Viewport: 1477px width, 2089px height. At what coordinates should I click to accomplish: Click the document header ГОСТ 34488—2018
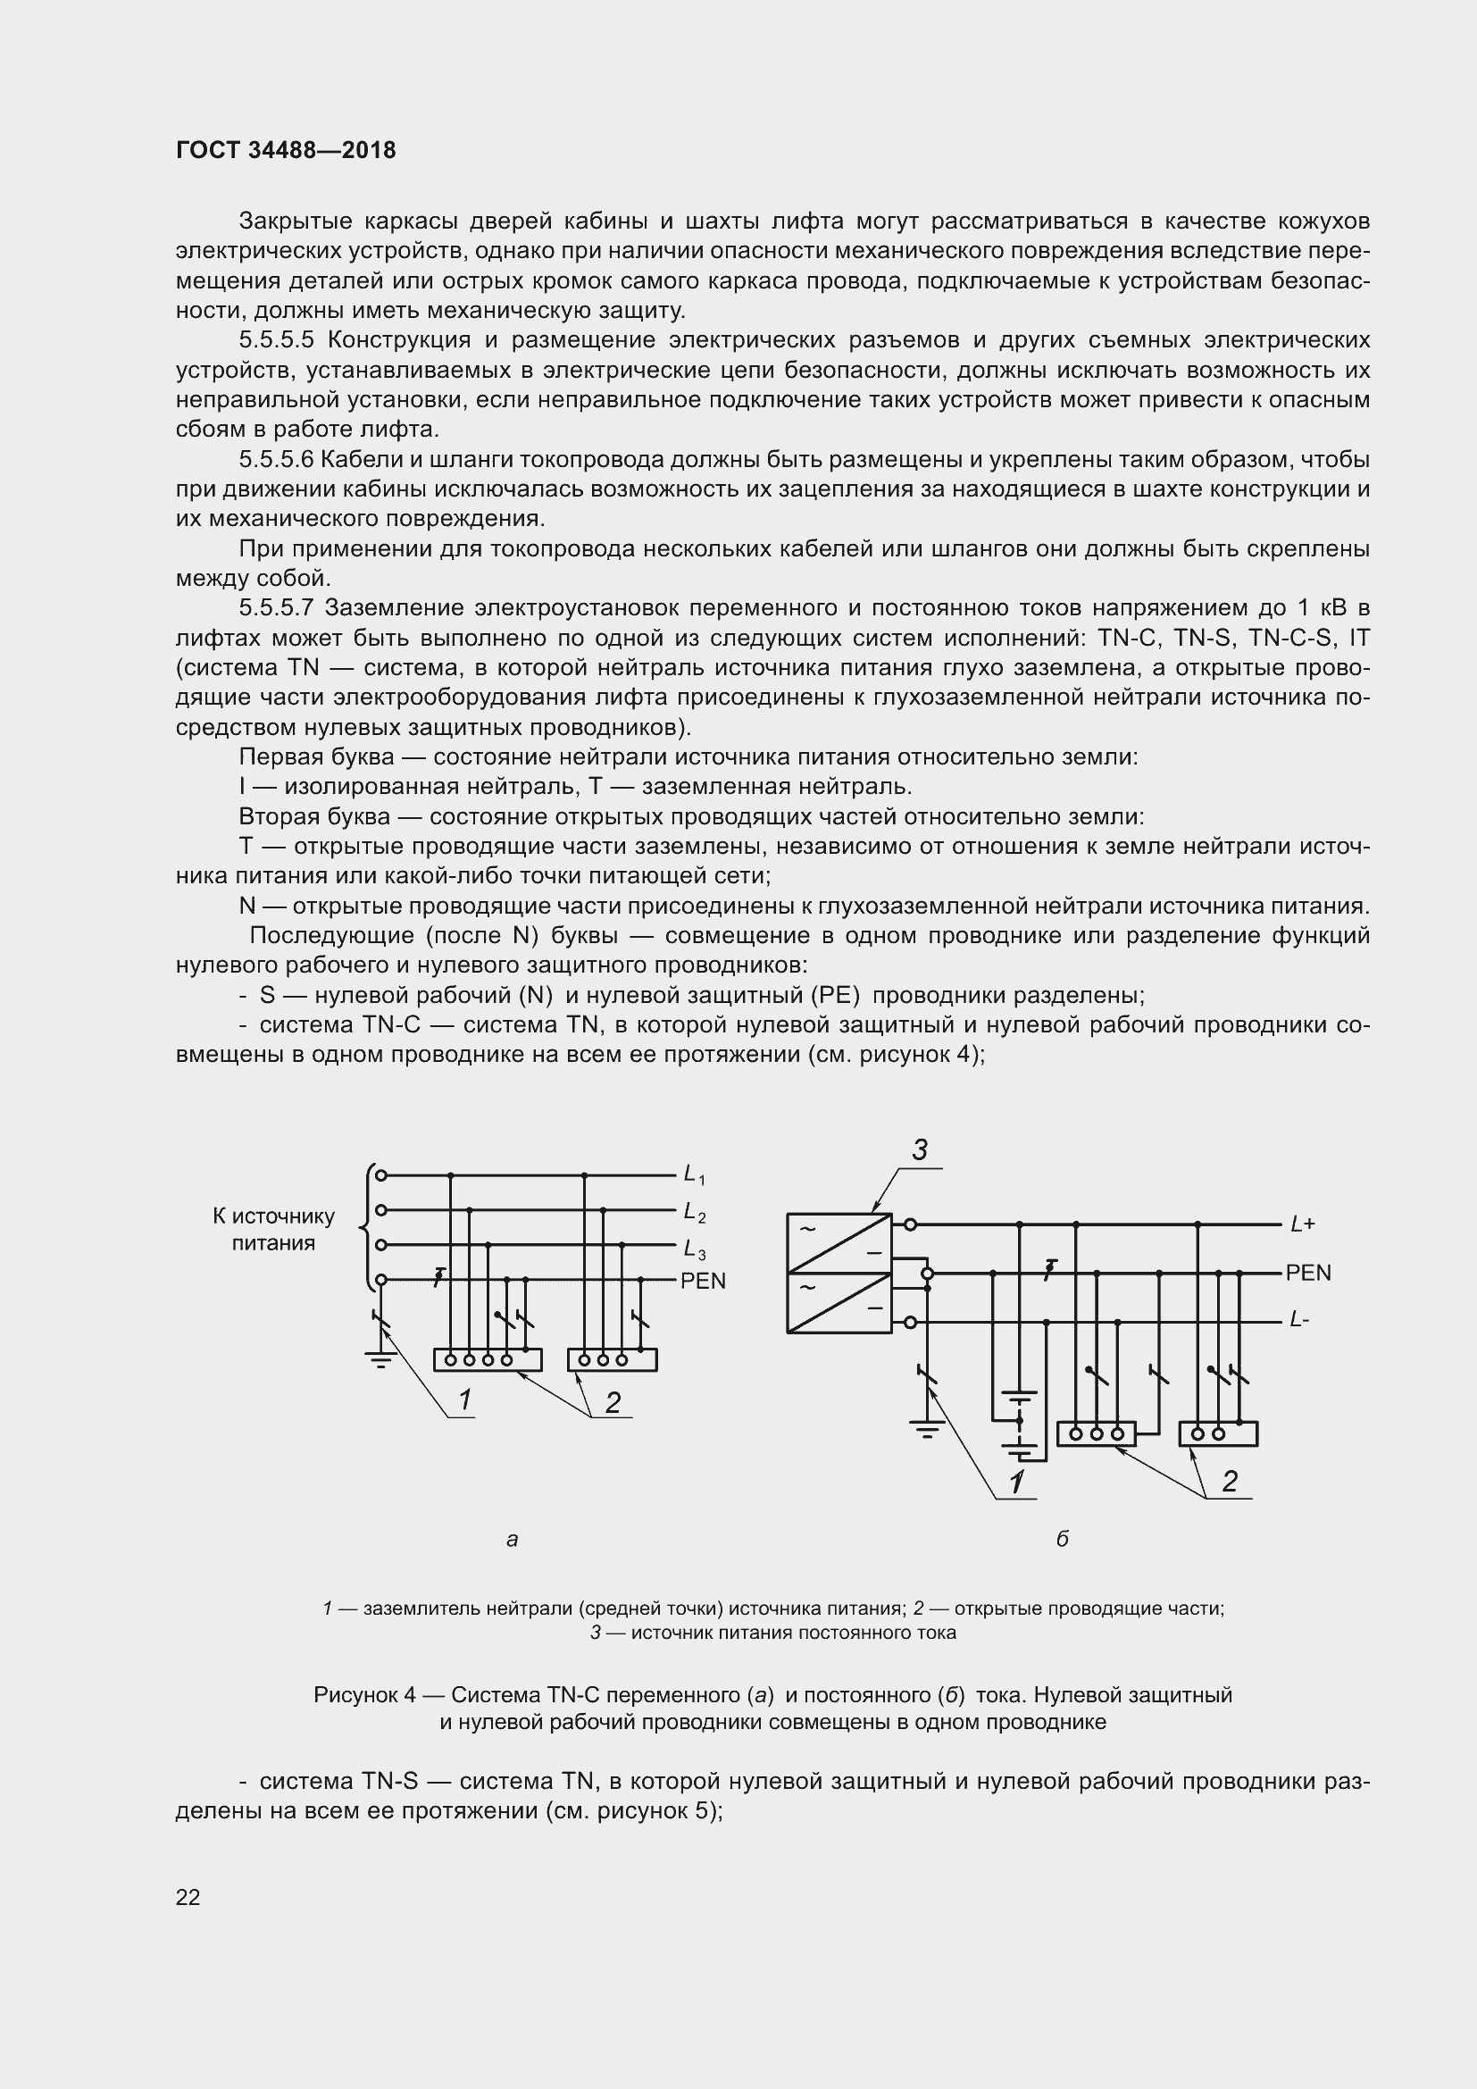286,151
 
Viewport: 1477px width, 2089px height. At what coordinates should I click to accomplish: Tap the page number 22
188,1897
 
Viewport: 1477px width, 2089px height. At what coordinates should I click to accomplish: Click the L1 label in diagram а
695,1175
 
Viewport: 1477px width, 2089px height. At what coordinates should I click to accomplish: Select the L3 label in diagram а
695,1248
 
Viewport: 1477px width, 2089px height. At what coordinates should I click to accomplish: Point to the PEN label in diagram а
703,1281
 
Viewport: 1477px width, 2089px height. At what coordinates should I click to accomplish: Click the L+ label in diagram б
1302,1224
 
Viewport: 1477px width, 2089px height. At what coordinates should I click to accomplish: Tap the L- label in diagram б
1298,1320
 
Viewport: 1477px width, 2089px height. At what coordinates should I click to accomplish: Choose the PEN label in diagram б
1308,1273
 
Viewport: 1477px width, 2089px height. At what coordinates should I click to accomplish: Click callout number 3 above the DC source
920,1151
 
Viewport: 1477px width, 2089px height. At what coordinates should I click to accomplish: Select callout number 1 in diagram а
464,1400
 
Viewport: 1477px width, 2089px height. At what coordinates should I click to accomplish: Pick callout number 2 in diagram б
1230,1481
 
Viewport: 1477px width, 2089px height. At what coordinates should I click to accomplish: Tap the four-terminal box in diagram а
488,1359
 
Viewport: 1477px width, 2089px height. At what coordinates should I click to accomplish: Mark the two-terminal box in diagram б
1218,1434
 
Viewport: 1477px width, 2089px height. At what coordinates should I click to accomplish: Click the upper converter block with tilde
839,1242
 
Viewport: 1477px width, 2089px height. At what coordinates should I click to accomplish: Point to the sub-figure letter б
1062,1539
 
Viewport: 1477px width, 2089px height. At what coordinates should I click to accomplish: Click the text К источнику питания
273,1229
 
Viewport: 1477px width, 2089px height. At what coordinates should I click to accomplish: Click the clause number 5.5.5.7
277,608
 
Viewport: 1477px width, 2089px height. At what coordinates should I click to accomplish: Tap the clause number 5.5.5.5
277,340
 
